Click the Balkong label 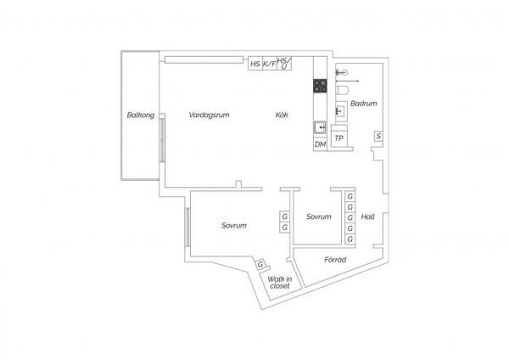[x=141, y=115]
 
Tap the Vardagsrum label [x=209, y=115]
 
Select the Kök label [x=282, y=115]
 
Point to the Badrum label [x=364, y=104]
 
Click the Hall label [x=368, y=217]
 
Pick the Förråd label [x=335, y=260]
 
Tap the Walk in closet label [x=279, y=283]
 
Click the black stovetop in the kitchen [x=320, y=86]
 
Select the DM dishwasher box [x=320, y=144]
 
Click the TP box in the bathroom [x=338, y=138]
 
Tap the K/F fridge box [x=270, y=64]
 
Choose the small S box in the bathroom [x=378, y=136]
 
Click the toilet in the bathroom [x=342, y=90]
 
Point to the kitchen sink [x=320, y=127]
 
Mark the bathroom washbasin [x=341, y=111]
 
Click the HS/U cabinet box [x=284, y=64]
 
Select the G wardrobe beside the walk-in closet [x=260, y=264]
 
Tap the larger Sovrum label [x=234, y=225]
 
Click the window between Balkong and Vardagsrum [x=162, y=140]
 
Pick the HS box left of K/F [x=255, y=64]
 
